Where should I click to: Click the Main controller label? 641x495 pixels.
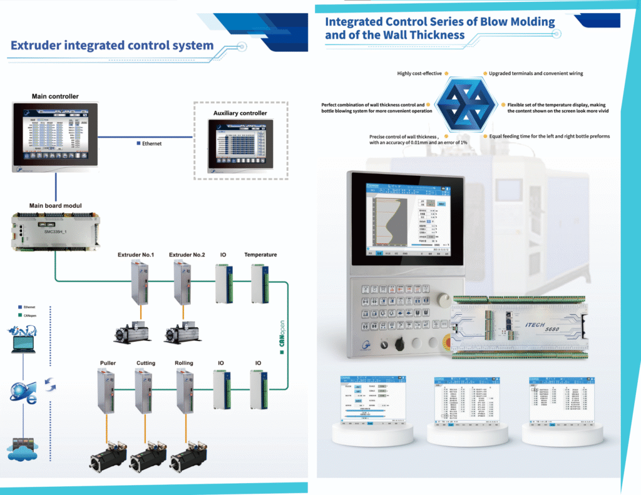coord(55,96)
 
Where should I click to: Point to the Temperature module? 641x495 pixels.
coord(260,283)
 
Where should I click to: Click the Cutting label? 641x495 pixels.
coord(146,363)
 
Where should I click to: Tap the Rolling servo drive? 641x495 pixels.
coord(185,391)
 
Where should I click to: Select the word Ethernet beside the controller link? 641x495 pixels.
coord(151,144)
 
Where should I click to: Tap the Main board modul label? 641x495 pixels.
coord(55,205)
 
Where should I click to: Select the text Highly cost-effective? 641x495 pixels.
coord(419,73)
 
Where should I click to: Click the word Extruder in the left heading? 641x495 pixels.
coord(39,46)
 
